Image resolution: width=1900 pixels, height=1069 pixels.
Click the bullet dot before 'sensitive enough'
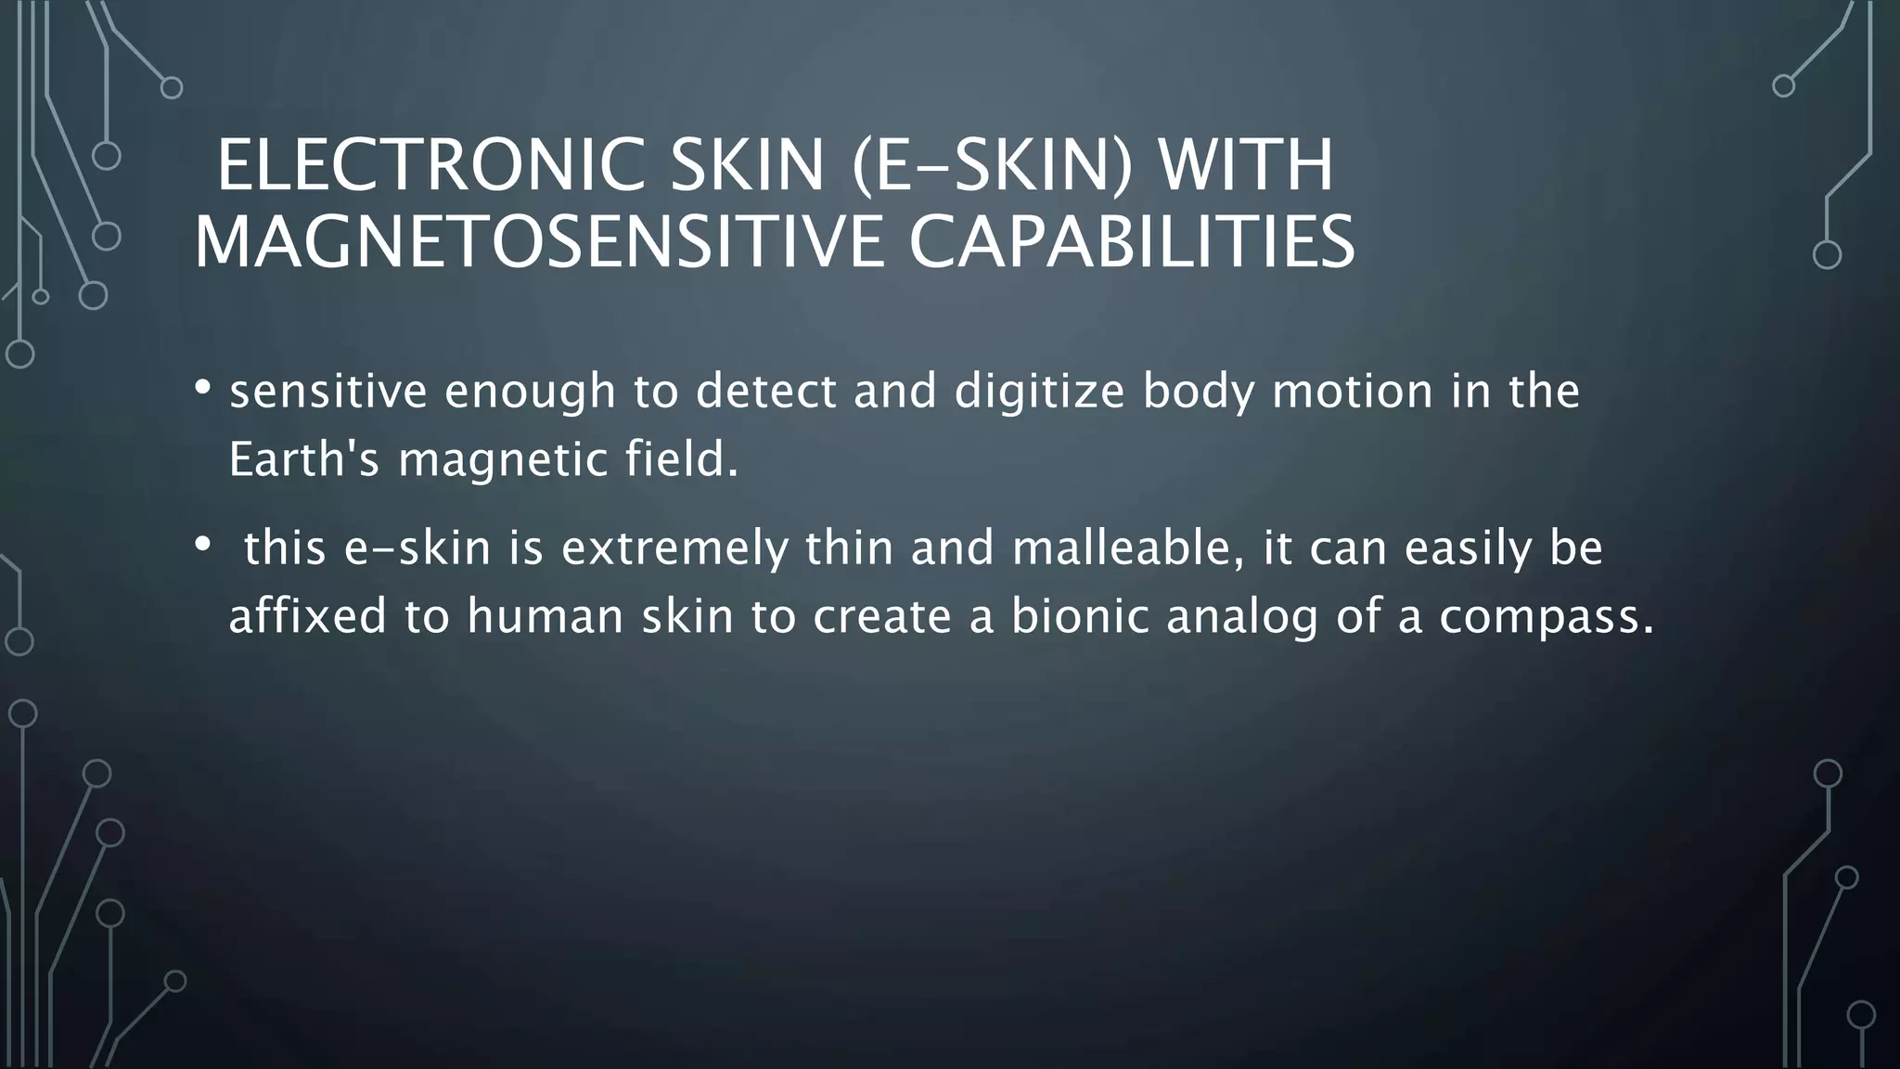pyautogui.click(x=203, y=388)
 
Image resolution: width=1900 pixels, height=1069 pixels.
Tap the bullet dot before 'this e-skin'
pyautogui.click(x=203, y=546)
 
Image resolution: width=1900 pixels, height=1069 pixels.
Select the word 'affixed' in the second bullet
pyautogui.click(x=307, y=616)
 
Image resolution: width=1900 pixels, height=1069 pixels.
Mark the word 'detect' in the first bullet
pyautogui.click(x=766, y=392)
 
